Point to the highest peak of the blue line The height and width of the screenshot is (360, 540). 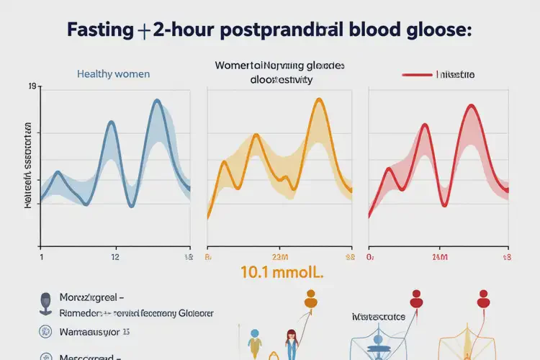click(157, 101)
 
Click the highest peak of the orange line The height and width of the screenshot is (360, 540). click(317, 100)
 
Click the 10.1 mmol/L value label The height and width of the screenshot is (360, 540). click(283, 273)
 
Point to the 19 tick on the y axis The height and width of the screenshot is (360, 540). click(31, 88)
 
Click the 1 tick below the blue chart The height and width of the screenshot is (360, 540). click(41, 256)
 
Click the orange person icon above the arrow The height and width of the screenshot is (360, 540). click(310, 299)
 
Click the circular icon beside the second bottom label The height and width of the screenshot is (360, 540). click(45, 332)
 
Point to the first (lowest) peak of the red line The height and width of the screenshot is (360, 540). click(390, 170)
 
